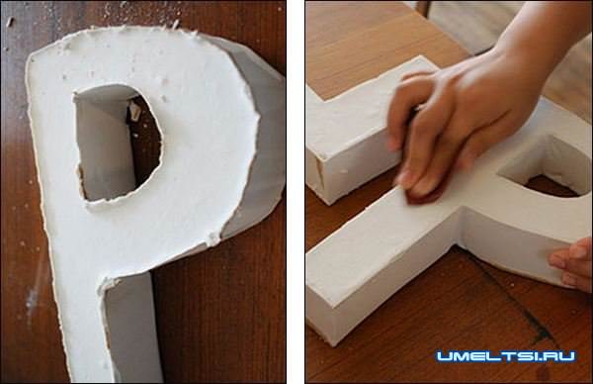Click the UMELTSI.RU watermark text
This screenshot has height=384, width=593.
pos(506,356)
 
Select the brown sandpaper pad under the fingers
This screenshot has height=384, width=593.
pos(424,192)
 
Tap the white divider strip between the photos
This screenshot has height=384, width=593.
pos(296,192)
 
